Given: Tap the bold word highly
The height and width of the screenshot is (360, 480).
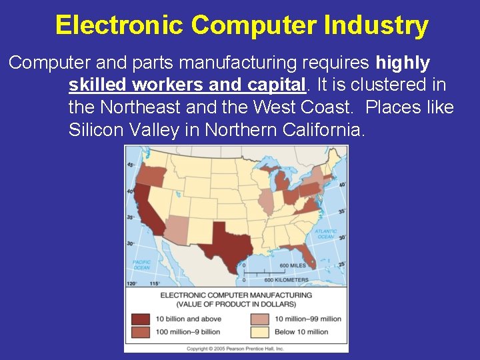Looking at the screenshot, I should click(x=403, y=63).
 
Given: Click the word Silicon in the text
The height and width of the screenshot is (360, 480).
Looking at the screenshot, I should click(x=96, y=130).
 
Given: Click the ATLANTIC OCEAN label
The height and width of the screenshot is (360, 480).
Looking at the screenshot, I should click(x=325, y=234).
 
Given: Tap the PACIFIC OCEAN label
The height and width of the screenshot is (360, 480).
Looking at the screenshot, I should click(x=141, y=264).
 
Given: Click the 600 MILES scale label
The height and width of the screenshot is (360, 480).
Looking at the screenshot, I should click(x=293, y=265).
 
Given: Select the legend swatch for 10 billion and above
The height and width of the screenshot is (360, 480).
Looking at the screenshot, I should click(x=141, y=319).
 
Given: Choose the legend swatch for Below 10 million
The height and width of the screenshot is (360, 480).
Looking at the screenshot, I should click(x=260, y=331).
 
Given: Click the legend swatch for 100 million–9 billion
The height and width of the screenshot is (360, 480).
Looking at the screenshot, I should click(x=141, y=331).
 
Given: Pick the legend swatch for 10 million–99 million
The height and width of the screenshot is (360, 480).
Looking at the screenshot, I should click(x=260, y=319).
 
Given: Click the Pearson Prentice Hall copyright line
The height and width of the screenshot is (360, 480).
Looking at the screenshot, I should click(x=235, y=348).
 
